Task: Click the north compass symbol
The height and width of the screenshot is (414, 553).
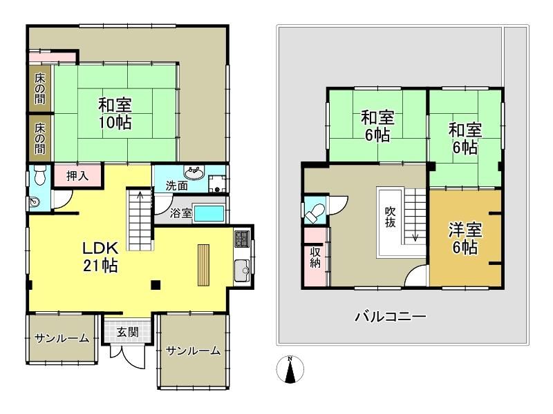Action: [x=290, y=369]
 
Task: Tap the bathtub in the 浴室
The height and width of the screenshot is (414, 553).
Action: [x=209, y=213]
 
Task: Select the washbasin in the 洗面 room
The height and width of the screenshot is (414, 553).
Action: [x=194, y=173]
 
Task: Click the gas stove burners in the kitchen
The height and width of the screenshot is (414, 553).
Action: [x=242, y=238]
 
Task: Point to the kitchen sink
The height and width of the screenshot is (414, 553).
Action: [x=242, y=270]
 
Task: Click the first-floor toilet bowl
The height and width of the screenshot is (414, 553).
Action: [x=39, y=175]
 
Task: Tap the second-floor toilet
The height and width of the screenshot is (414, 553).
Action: [x=315, y=213]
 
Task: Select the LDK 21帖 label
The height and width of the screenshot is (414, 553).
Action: [x=100, y=257]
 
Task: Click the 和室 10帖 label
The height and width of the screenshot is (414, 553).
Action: [x=115, y=114]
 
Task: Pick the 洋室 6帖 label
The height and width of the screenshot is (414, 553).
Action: [x=465, y=239]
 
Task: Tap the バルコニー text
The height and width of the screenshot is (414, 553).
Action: [x=391, y=317]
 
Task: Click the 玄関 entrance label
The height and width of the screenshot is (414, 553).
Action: [x=128, y=332]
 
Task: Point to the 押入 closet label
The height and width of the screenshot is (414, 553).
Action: [x=77, y=176]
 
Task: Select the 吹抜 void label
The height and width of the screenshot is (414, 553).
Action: [x=390, y=217]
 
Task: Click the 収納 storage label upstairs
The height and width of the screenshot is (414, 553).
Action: [x=315, y=257]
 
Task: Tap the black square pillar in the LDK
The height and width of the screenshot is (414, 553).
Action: [x=156, y=285]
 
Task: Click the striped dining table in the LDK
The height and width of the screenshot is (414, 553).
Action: [x=203, y=265]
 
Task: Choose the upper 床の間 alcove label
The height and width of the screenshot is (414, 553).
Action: [x=40, y=88]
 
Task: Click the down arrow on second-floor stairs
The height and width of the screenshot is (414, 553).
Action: [x=415, y=233]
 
